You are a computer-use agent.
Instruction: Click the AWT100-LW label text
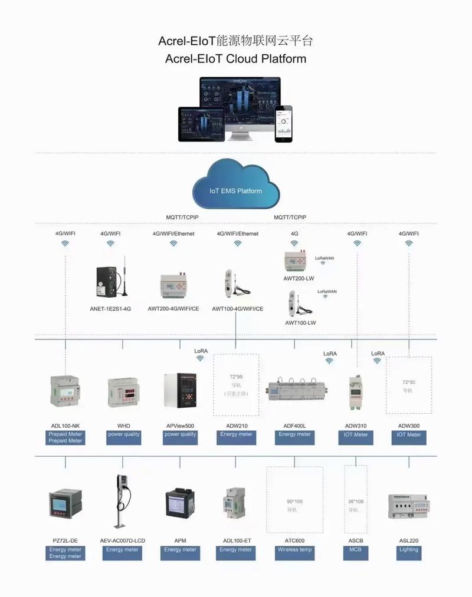300,322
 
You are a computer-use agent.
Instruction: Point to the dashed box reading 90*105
295,504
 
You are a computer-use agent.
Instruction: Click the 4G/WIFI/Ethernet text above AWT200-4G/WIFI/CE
173,233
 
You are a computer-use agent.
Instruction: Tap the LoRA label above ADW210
201,351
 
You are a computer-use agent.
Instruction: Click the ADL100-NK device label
65,426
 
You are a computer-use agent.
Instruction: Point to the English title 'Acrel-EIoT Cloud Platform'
236,59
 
